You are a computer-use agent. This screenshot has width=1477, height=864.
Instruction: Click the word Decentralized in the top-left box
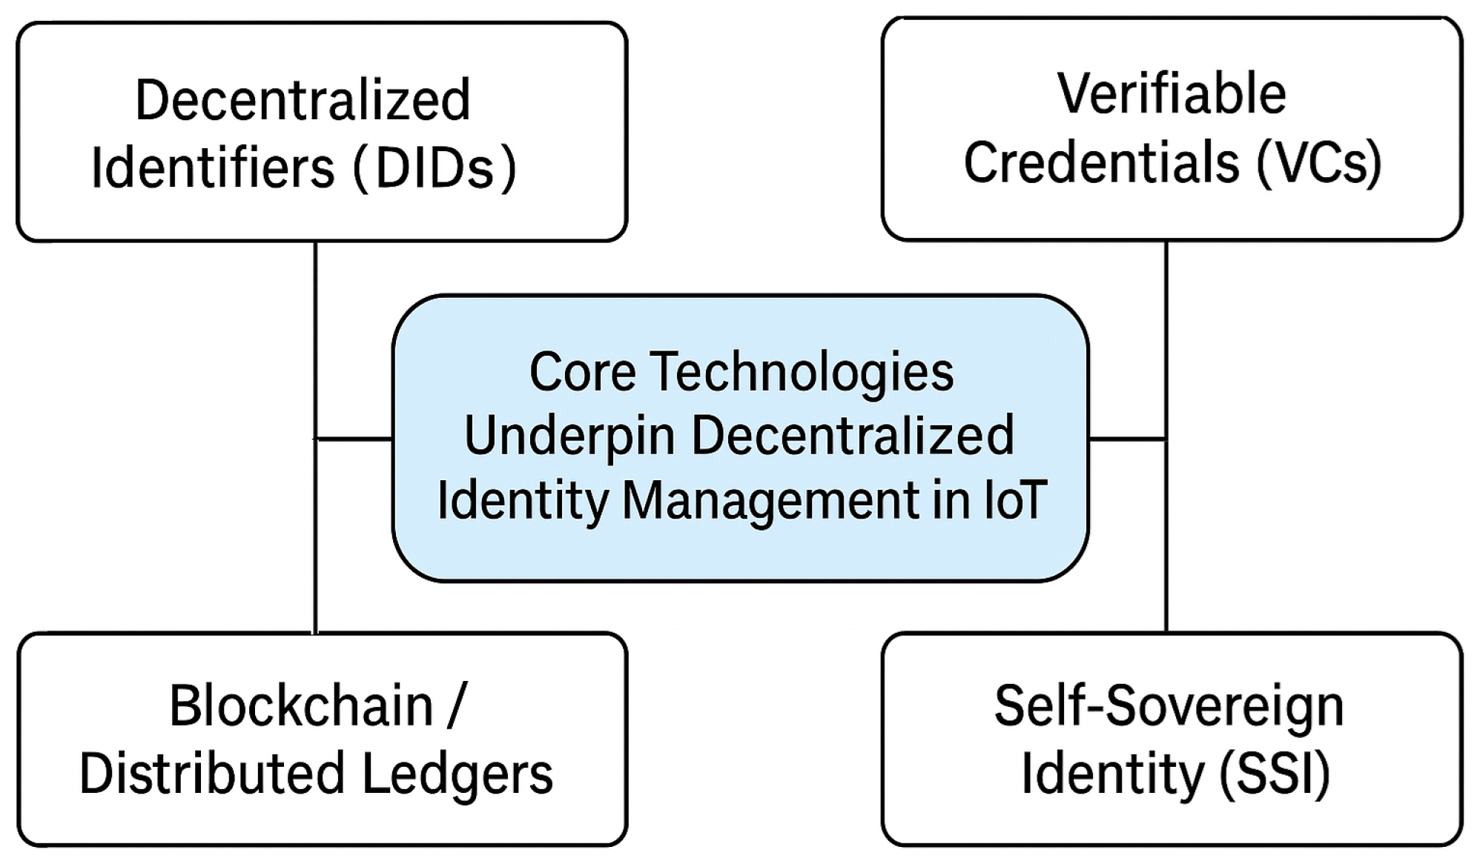click(x=303, y=101)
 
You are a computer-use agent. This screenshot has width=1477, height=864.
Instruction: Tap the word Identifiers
click(x=213, y=169)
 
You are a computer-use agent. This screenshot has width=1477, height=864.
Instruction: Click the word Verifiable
click(x=1172, y=94)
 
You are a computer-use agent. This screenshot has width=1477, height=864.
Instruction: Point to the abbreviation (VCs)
click(x=1319, y=163)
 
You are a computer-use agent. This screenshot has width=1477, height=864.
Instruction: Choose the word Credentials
click(x=1101, y=163)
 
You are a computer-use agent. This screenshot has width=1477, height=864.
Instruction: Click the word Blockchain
click(x=301, y=706)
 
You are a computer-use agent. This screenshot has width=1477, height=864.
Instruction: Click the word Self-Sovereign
click(x=1169, y=706)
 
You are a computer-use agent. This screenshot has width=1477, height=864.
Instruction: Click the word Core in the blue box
click(x=582, y=372)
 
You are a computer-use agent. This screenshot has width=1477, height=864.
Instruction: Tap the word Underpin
click(x=569, y=436)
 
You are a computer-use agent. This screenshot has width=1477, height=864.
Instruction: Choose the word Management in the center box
click(x=770, y=500)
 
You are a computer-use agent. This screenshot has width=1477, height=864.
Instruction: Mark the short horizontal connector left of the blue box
click(x=354, y=439)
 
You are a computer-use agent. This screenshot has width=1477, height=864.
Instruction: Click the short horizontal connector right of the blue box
click(x=1127, y=439)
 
